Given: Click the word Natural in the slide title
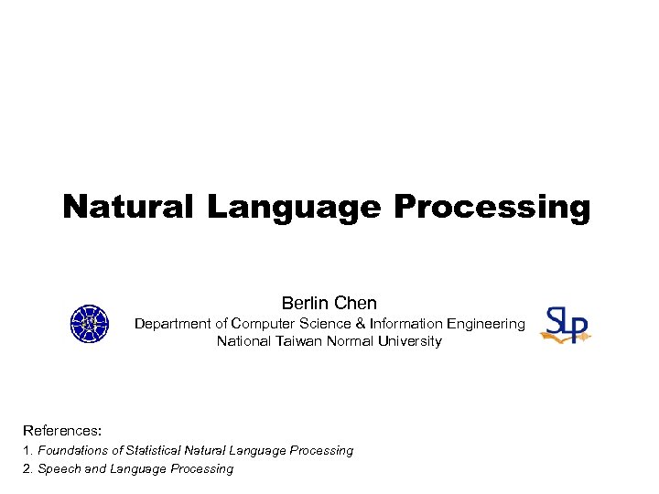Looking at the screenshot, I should coord(128,207).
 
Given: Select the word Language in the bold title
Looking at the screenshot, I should coord(293,209).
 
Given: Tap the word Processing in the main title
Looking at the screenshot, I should coord(492,209).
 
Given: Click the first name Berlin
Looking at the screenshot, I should coord(306,303).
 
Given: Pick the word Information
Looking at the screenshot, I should coord(405,323).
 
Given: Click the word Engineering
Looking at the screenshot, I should coord(488,323).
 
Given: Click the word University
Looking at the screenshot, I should coord(406,341).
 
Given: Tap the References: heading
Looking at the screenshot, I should coord(62,430).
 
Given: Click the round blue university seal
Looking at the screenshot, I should coord(89,324).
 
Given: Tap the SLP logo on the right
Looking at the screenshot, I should coord(566,325).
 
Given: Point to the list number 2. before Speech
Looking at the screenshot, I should coord(28,468).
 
